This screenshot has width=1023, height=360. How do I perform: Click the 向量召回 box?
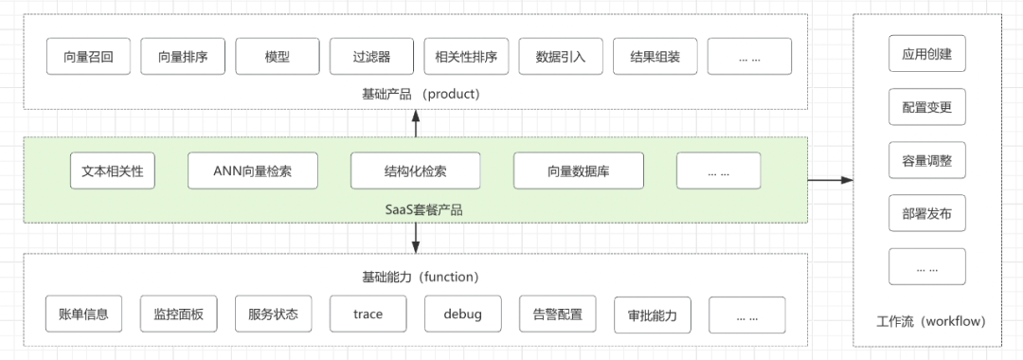pyautogui.click(x=88, y=57)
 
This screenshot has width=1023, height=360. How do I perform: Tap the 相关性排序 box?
pyautogui.click(x=466, y=57)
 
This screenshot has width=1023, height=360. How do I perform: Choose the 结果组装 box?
pyautogui.click(x=655, y=57)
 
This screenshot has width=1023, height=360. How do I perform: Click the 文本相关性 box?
pyautogui.click(x=113, y=171)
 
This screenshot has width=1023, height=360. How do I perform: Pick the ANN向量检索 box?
pyautogui.click(x=252, y=171)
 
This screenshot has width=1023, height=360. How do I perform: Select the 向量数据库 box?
pyautogui.click(x=579, y=171)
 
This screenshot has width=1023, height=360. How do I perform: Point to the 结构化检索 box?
pyautogui.click(x=415, y=171)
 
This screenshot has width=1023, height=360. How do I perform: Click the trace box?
pyautogui.click(x=368, y=314)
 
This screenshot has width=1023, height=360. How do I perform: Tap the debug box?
pyautogui.click(x=462, y=314)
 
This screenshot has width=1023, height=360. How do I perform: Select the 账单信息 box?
pyautogui.click(x=83, y=314)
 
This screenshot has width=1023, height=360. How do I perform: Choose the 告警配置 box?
pyautogui.click(x=557, y=314)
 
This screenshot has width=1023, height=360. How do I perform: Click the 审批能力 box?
pyautogui.click(x=652, y=314)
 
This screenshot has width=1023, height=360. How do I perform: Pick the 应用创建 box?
pyautogui.click(x=926, y=54)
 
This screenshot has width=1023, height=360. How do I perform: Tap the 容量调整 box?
pyautogui.click(x=926, y=160)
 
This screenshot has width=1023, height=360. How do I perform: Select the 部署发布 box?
pyautogui.click(x=926, y=213)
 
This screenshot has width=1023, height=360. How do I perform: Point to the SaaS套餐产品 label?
pyautogui.click(x=415, y=209)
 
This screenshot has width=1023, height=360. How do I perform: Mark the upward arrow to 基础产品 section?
pyautogui.click(x=415, y=123)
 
